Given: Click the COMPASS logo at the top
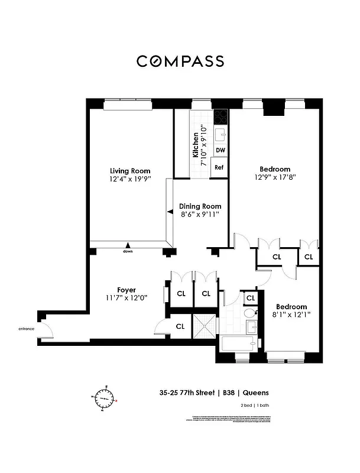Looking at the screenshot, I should coord(180,61).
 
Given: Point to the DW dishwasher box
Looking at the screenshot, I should coord(220,150).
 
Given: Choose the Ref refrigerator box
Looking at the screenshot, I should coord(219,167).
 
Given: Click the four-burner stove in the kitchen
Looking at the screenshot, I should coord(220,116).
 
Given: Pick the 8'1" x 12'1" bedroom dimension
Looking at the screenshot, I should coord(292,315).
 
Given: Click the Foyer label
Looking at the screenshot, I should coord(127,290).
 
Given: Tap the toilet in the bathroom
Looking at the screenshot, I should coord(250,314).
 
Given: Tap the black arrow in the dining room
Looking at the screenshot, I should coord(169,211).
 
